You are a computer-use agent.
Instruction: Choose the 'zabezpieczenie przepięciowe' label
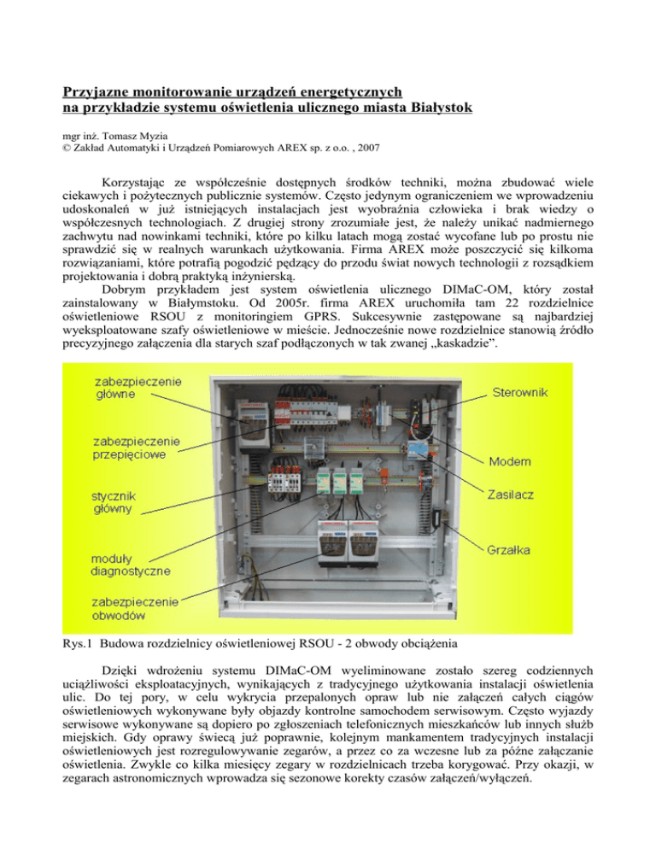click(x=136, y=448)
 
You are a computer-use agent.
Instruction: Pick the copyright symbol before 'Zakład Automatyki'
click(x=67, y=148)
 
